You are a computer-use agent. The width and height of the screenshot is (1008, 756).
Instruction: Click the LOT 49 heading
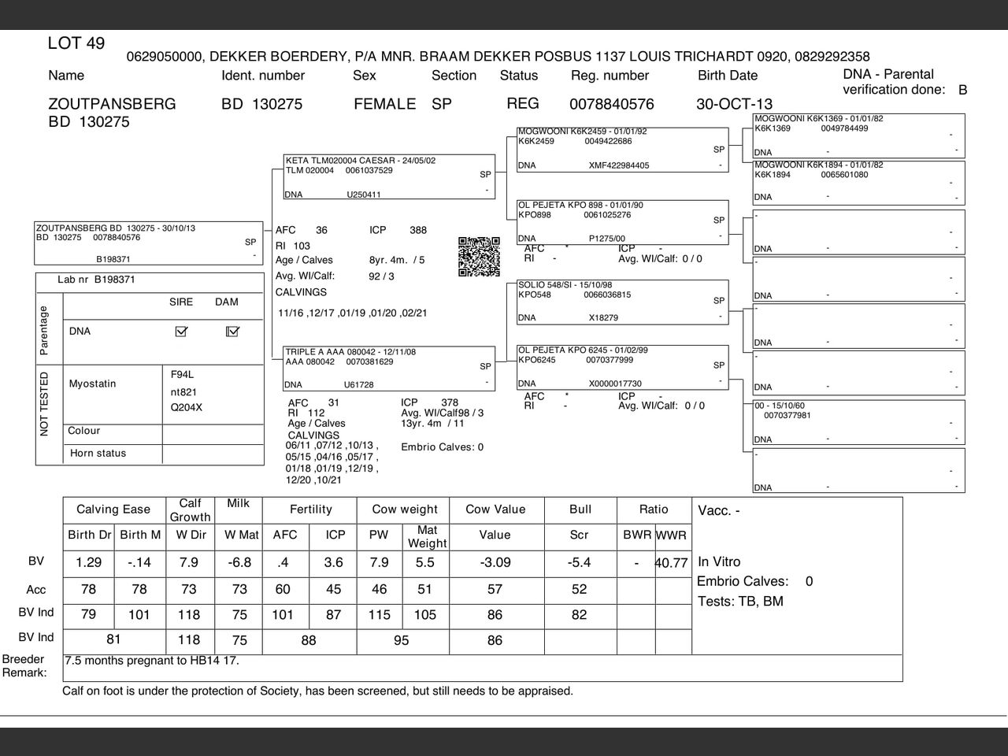pyautogui.click(x=76, y=43)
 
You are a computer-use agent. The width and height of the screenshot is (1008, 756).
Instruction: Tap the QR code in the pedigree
pyautogui.click(x=479, y=257)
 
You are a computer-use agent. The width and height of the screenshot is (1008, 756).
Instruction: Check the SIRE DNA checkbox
pyautogui.click(x=182, y=332)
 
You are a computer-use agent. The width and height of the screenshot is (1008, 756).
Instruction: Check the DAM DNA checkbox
pyautogui.click(x=232, y=332)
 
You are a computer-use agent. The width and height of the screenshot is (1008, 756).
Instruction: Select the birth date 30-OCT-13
pyautogui.click(x=734, y=104)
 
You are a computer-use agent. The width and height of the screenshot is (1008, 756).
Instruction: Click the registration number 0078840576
pyautogui.click(x=611, y=104)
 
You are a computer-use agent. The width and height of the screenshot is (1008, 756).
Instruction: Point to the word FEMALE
pyautogui.click(x=384, y=104)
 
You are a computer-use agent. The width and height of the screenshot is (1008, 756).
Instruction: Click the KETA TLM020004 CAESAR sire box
pyautogui.click(x=389, y=177)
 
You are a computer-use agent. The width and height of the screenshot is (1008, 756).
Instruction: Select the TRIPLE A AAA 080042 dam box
pyautogui.click(x=389, y=369)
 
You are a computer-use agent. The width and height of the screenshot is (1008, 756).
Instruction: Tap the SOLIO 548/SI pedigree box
pyautogui.click(x=622, y=302)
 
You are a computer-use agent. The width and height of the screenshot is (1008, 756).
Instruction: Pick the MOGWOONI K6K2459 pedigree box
pyautogui.click(x=622, y=149)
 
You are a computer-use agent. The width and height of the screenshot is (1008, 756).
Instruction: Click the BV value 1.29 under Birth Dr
pyautogui.click(x=88, y=563)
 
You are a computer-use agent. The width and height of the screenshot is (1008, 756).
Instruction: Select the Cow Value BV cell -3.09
pyautogui.click(x=495, y=563)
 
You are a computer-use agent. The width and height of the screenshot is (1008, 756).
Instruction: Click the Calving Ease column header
pyautogui.click(x=113, y=510)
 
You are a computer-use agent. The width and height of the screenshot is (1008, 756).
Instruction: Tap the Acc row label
pyautogui.click(x=36, y=590)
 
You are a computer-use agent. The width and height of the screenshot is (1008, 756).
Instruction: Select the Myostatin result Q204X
pyautogui.click(x=187, y=408)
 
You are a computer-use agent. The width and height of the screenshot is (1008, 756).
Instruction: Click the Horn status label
pyautogui.click(x=98, y=454)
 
